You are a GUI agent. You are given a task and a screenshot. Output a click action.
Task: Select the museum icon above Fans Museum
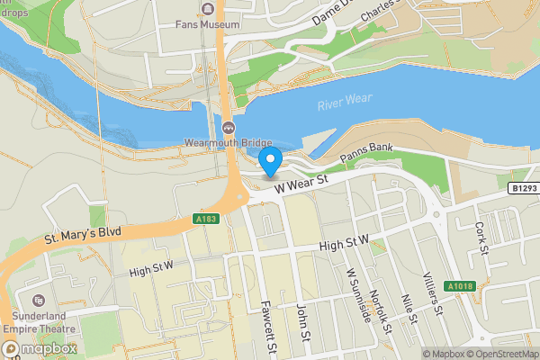coord(209,9)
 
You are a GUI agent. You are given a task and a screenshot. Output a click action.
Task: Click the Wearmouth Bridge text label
coord(228,142)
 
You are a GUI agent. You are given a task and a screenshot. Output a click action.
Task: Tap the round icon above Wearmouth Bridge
coord(229,127)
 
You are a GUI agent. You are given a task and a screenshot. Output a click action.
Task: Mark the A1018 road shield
coord(459,286)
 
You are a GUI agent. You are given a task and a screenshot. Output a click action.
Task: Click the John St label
coord(304,324)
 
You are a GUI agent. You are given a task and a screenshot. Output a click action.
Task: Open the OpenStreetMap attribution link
coord(500,354)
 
